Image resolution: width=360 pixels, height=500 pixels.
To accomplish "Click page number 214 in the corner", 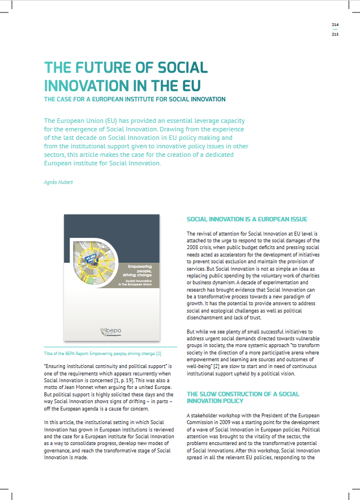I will coord(335,25).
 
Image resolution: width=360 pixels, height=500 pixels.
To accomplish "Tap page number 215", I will coord(335,35).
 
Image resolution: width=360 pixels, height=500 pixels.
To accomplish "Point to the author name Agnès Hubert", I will coord(58,182).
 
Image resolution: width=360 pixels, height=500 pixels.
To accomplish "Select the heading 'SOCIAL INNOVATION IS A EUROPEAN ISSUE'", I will coord(247,219).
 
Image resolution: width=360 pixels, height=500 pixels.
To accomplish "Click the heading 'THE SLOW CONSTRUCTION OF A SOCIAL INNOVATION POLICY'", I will coord(243,397).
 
